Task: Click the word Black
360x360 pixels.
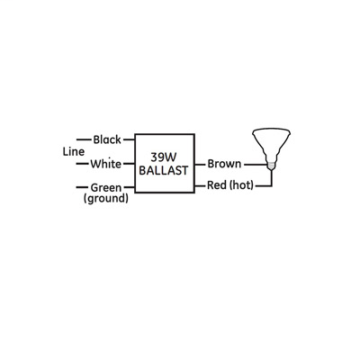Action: coord(107,139)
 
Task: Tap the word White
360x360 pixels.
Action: coord(106,164)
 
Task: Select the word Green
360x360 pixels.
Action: coord(106,188)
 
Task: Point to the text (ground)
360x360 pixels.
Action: coord(106,199)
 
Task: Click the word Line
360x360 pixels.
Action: coord(74,152)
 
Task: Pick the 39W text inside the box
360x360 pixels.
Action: coord(164,157)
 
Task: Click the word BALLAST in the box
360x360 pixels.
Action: coord(164,170)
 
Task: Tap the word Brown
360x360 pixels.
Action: coord(224,164)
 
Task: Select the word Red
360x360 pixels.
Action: coord(217,185)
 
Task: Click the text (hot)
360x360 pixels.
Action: coord(241,185)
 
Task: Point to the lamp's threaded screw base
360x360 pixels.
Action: coord(271,165)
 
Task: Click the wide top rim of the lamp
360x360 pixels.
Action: coord(271,131)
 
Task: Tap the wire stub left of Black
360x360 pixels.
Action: coord(84,139)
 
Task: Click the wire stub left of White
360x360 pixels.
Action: coord(83,164)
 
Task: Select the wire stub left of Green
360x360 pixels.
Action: coord(82,187)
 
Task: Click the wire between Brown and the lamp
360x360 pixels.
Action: coord(256,165)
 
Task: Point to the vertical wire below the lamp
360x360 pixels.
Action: coord(272,178)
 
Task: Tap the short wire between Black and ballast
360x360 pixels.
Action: coord(129,139)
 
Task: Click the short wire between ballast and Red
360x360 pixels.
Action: coord(201,186)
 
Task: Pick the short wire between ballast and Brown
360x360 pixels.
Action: coord(200,165)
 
